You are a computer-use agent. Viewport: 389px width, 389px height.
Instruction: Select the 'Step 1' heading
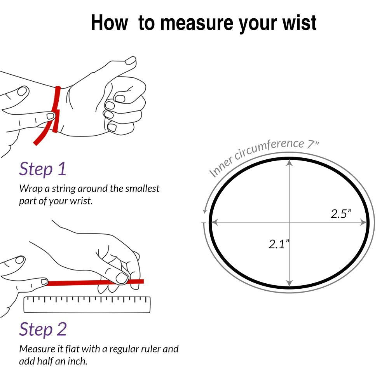[43, 169]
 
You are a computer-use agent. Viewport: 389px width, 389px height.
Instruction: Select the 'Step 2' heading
[43, 330]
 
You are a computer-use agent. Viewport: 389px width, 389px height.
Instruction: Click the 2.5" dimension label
[341, 214]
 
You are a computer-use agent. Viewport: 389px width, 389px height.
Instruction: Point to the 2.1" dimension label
[279, 244]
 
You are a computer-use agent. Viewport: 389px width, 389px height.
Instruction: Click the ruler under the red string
[87, 305]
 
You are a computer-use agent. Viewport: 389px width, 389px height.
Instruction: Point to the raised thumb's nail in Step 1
[130, 61]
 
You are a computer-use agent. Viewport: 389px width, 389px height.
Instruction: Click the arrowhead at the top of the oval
[290, 162]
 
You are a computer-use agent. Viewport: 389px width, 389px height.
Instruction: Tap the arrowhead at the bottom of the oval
[290, 283]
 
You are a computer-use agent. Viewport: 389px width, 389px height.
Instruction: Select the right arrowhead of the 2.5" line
[363, 222]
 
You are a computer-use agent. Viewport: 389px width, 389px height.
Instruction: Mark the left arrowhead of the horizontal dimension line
[215, 222]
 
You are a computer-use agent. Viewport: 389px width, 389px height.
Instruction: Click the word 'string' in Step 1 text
[64, 189]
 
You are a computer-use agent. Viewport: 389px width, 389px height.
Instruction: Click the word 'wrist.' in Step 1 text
[81, 201]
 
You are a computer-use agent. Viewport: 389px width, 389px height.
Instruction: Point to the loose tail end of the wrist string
[35, 143]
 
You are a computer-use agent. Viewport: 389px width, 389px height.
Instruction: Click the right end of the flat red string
[143, 281]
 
